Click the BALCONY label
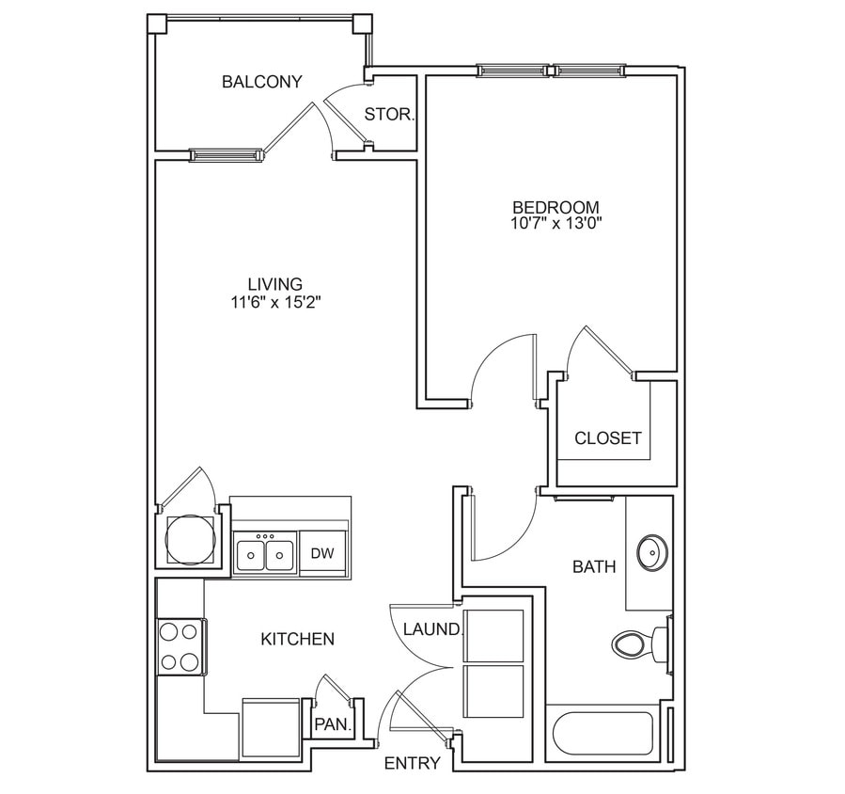coord(261,82)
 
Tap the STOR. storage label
coord(389,115)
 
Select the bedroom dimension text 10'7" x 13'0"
coord(556,224)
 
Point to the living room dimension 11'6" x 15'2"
coord(274,303)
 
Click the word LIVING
coord(274,284)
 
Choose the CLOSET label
coord(608,438)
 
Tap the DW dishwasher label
coord(322,553)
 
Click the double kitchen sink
coord(265,554)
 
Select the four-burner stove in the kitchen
coord(180,646)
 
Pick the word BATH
coord(594,567)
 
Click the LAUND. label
coord(432,629)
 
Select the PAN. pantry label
coord(332,725)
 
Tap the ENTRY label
coord(412,763)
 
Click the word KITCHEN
coord(297,640)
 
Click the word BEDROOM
coord(556,207)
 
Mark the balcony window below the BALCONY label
coord(226,154)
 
